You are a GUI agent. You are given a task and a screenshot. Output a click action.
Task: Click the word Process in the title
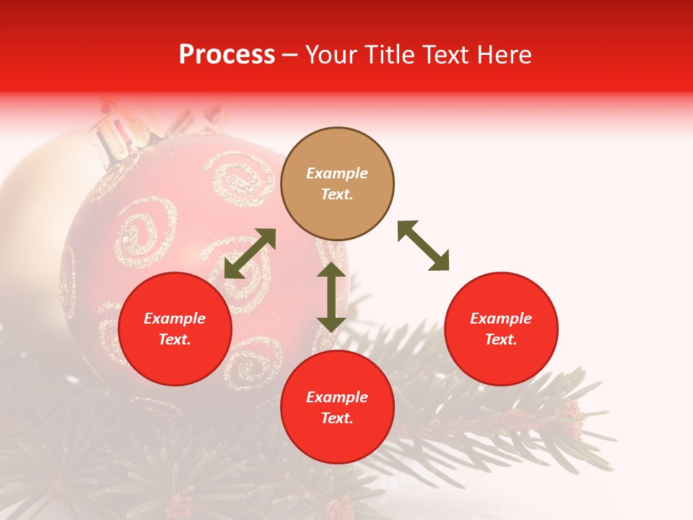click(x=227, y=55)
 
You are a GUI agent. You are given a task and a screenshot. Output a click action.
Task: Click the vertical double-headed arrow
click(x=331, y=297)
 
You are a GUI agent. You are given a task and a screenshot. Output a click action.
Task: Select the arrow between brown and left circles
click(x=250, y=253)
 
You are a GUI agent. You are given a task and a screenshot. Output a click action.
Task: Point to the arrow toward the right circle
click(x=423, y=246)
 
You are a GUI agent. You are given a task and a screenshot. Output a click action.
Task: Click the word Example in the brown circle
click(x=337, y=173)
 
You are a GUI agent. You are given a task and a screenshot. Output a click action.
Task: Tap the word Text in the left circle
click(x=175, y=339)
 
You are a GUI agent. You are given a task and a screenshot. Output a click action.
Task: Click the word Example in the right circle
click(x=501, y=318)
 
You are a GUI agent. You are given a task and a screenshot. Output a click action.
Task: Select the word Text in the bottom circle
click(x=337, y=418)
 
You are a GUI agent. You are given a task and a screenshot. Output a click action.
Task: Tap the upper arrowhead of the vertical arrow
click(x=331, y=270)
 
